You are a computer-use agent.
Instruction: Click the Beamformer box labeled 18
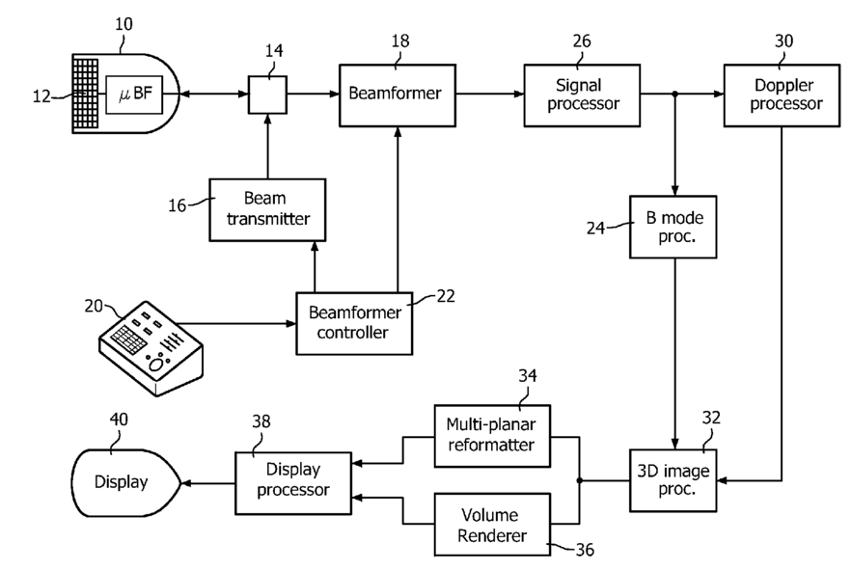point(398,95)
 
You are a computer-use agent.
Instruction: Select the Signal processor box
point(582,95)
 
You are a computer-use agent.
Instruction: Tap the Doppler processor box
point(782,95)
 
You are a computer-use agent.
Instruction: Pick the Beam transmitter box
point(267,209)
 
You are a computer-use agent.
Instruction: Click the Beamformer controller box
point(354,324)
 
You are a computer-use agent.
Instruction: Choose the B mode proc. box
point(673,227)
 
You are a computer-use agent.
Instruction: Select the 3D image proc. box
point(673,480)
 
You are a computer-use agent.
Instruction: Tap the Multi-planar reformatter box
point(492,436)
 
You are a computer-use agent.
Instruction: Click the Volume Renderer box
point(492,525)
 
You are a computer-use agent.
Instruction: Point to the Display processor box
point(293,483)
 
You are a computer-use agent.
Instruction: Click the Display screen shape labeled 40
point(126,482)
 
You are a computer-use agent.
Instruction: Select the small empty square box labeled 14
point(267,95)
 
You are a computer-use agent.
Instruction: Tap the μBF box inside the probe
point(134,95)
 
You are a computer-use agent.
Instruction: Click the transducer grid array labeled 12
point(86,94)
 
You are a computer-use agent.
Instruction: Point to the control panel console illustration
point(151,348)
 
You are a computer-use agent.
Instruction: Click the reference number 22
point(446,296)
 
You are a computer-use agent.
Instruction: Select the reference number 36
point(585,550)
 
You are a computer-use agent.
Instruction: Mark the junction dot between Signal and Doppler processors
point(674,94)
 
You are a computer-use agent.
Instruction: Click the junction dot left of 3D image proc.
point(579,480)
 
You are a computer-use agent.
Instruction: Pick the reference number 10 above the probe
point(124,24)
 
